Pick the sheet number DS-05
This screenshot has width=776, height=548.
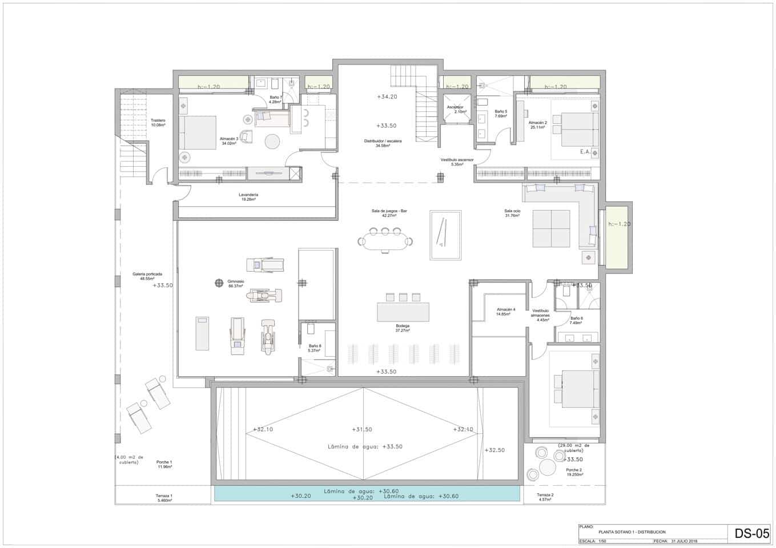point(751,534)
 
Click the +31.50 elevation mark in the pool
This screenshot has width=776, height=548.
point(362,429)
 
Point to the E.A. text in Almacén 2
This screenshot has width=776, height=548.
point(585,152)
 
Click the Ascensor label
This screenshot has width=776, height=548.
point(455,107)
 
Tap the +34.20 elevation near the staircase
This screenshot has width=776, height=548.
point(387,97)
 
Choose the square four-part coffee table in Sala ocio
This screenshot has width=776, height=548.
point(551,228)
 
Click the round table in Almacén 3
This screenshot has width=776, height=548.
point(272,140)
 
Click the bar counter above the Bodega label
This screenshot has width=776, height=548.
point(403,312)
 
